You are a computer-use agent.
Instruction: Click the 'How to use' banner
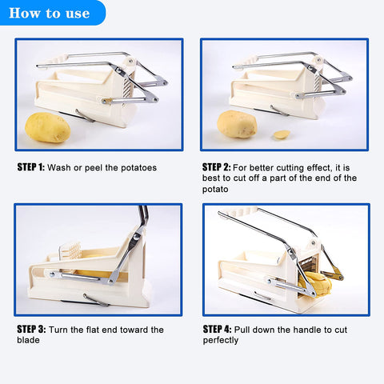coord(50,14)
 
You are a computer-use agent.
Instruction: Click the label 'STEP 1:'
coord(30,168)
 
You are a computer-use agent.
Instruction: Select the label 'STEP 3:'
coord(30,329)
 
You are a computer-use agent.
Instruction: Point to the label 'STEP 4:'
coord(216,329)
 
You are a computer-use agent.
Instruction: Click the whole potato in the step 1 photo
coord(47,127)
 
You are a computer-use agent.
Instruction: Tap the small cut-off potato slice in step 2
coord(282,134)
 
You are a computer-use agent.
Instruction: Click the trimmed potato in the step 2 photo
coord(236,124)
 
